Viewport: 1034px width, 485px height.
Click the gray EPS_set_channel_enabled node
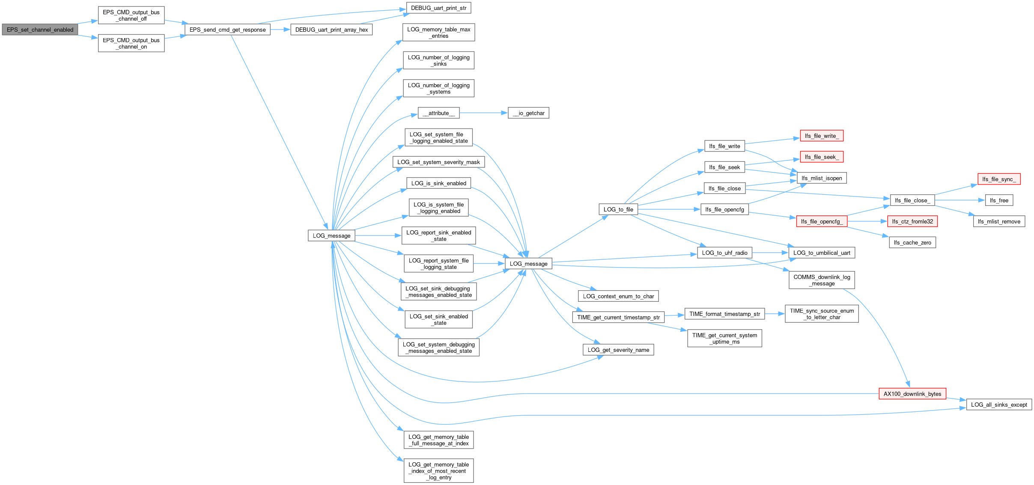40,30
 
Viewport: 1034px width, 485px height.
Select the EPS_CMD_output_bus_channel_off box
131,15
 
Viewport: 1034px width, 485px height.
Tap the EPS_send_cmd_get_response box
227,30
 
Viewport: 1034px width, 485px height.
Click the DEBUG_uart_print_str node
438,8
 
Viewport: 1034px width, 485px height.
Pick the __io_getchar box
528,113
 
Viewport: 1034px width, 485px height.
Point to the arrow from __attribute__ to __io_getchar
484,113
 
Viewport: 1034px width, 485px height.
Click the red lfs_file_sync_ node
999,179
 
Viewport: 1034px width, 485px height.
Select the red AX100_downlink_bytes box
912,394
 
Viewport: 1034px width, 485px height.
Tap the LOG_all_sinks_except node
999,405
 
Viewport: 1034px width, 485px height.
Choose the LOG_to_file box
618,209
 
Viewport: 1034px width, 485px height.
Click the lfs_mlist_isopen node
822,178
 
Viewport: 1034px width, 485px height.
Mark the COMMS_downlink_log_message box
822,280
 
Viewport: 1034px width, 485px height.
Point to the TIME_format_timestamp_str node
724,314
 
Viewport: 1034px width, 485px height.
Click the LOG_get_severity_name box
618,350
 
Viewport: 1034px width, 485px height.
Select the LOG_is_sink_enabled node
438,183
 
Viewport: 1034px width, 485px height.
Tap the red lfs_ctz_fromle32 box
912,221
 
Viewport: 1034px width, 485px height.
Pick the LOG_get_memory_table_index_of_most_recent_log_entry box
438,471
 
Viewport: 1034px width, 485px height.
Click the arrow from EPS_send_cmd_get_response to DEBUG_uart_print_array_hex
280,30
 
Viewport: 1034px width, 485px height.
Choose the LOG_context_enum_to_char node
618,296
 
